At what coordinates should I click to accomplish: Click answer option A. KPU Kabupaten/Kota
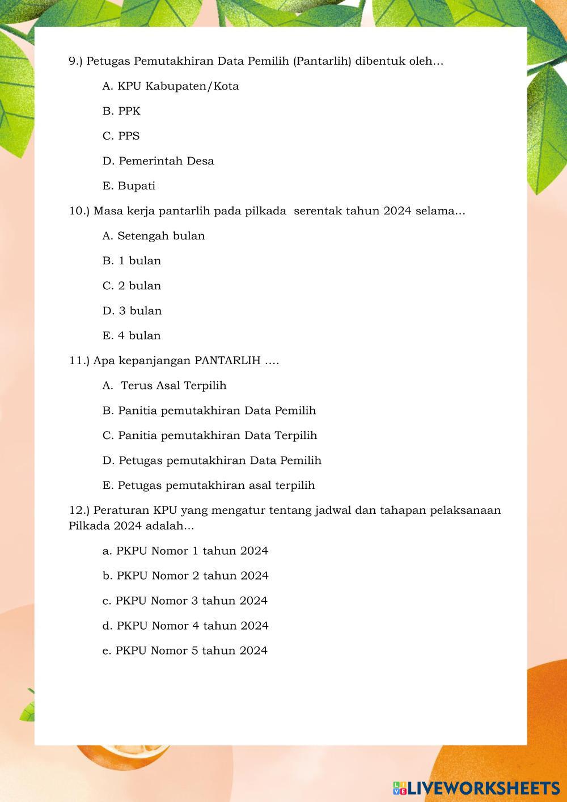point(171,86)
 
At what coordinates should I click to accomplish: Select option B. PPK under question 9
point(121,111)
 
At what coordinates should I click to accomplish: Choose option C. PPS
point(121,136)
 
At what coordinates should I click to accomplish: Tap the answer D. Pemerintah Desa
point(158,161)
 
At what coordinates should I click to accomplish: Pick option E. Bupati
point(129,186)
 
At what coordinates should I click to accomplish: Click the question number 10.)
point(79,211)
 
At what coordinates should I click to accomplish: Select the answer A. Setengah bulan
point(154,236)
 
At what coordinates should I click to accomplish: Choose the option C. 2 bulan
point(132,286)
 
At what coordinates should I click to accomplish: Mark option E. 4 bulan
point(132,336)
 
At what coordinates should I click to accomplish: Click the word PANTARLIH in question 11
point(227,361)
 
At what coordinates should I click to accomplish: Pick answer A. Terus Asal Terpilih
point(164,386)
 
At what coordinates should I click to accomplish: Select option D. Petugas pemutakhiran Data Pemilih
point(211,461)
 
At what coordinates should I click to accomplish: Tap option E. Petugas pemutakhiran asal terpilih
point(209,486)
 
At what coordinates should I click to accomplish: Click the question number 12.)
point(79,510)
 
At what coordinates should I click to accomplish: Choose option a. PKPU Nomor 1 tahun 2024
point(185,551)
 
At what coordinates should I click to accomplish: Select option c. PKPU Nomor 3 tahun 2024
point(185,601)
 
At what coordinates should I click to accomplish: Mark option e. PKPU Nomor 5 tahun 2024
point(185,651)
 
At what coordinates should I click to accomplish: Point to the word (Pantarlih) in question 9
point(322,61)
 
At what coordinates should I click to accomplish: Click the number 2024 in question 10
point(397,211)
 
